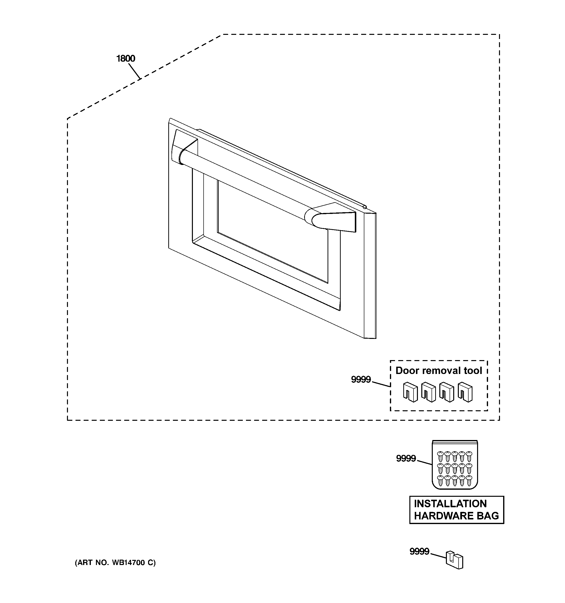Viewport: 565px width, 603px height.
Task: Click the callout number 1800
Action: (126, 58)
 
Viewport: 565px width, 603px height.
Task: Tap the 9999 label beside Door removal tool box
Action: (361, 379)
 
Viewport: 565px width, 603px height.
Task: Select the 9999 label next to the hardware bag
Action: (406, 458)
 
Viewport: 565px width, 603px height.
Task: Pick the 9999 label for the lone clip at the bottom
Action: (419, 551)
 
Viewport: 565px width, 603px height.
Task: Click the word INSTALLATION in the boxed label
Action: (450, 504)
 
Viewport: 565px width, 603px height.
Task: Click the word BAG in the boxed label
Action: (488, 516)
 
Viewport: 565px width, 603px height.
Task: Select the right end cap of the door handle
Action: (330, 219)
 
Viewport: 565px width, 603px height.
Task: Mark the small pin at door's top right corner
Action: (365, 207)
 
